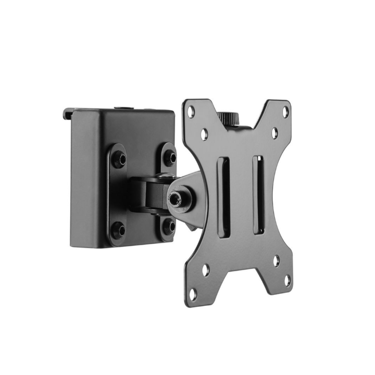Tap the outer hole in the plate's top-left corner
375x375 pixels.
(192, 110)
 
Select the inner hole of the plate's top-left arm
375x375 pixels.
(205, 134)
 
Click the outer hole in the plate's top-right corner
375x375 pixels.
(285, 110)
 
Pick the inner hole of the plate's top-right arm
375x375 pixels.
(274, 133)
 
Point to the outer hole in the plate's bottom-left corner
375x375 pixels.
(193, 294)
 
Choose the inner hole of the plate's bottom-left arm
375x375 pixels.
(205, 270)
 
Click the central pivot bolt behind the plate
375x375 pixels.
(174, 198)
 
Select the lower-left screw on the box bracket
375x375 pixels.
(119, 229)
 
